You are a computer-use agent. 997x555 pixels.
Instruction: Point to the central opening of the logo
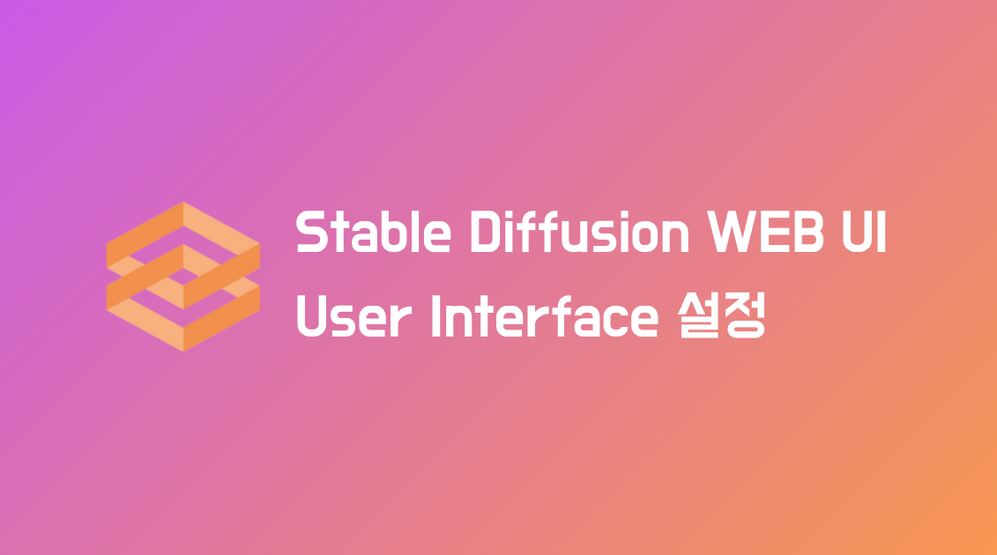(x=182, y=276)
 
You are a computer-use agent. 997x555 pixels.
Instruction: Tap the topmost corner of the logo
(x=182, y=203)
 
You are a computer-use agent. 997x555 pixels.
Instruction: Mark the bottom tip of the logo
(x=182, y=351)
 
